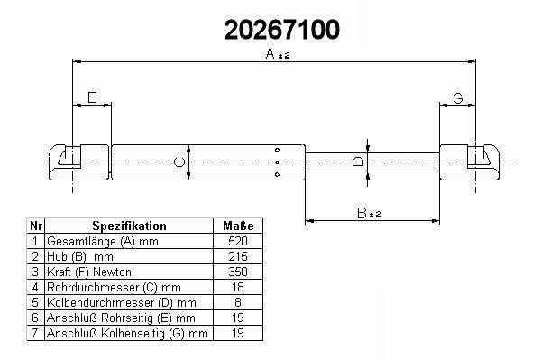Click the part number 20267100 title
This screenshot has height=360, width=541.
click(282, 30)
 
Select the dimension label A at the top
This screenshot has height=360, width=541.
click(270, 53)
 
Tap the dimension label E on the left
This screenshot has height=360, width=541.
click(92, 97)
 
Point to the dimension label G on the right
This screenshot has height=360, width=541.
click(457, 98)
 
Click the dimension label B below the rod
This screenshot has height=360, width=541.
click(362, 213)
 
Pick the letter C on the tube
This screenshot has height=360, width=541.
click(179, 162)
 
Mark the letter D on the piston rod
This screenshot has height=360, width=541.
click(358, 162)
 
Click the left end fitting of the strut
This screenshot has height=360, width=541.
click(78, 162)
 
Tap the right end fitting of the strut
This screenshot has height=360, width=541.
click(469, 162)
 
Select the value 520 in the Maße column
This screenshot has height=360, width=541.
click(238, 241)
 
